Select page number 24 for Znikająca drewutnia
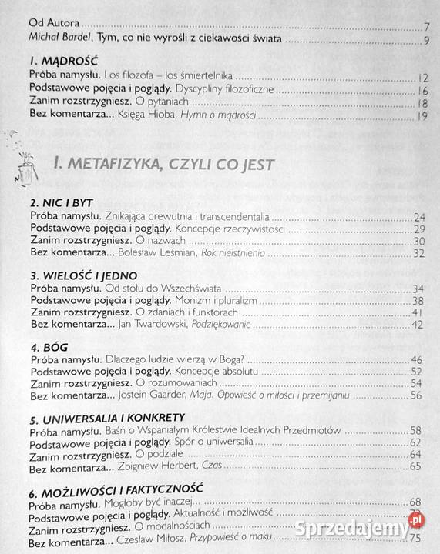pos(420,217)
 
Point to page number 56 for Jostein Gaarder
pos(417,395)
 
